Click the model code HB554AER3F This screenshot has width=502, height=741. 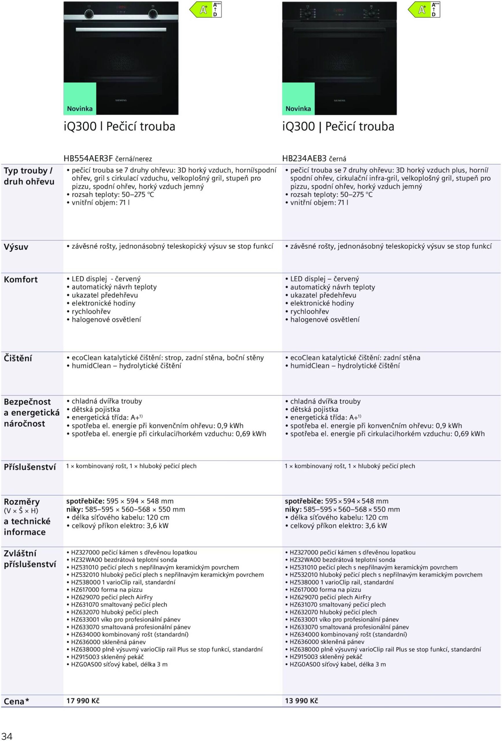coord(88,158)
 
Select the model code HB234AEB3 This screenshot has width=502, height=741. coord(304,158)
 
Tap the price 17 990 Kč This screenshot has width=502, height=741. coord(83,700)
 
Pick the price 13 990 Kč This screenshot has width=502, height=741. coord(301,700)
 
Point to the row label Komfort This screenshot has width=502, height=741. coord(21,280)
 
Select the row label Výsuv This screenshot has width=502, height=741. coord(16,247)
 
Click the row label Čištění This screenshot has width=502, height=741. coord(18,358)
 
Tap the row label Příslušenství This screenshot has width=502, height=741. coord(30,467)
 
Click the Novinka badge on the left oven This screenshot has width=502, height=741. coord(80,109)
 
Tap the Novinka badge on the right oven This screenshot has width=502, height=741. coord(298,109)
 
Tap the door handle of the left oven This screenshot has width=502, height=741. coord(121,30)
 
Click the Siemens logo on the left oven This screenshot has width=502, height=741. coord(121,100)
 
